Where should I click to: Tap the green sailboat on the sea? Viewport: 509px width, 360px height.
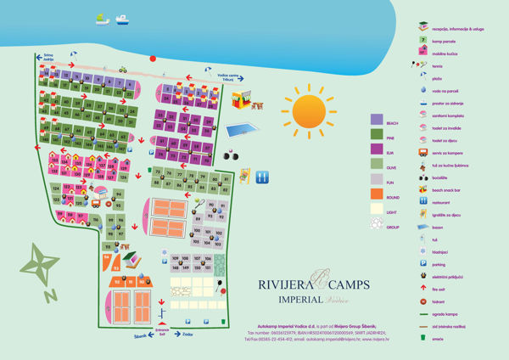[x=103, y=18]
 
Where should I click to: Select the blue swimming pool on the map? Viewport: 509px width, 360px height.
[x=243, y=131]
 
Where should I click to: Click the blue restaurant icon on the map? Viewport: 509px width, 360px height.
[x=262, y=177]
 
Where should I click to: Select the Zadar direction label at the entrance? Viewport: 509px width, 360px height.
[x=188, y=335]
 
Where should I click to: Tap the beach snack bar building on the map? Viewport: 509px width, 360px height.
[x=248, y=101]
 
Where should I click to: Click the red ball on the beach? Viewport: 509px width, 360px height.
[x=153, y=59]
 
